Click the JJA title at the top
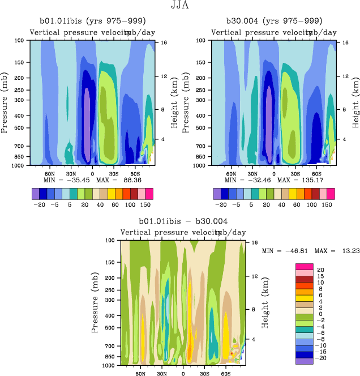coord(181,6)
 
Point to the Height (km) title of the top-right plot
coord(355,102)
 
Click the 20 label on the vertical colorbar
coord(320,270)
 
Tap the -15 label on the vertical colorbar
coord(322,352)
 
